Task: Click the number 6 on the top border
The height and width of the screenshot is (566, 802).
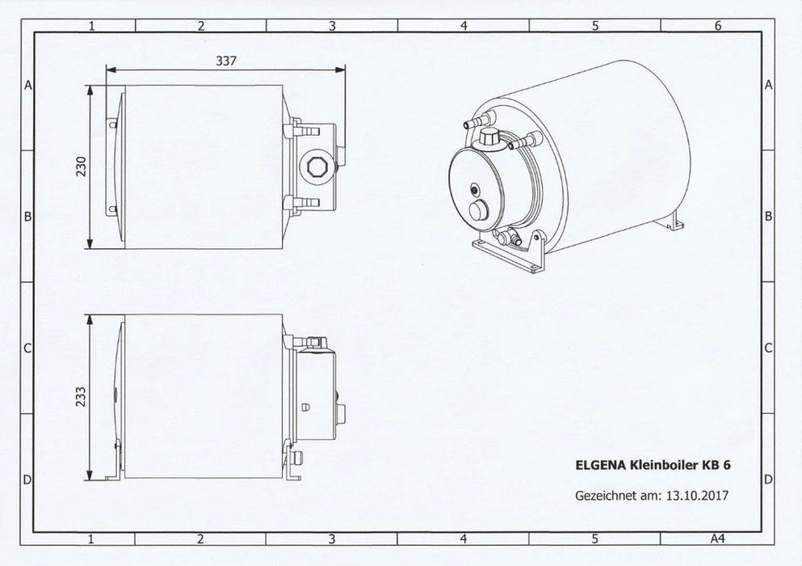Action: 717,26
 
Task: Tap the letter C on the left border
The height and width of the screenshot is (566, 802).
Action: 27,348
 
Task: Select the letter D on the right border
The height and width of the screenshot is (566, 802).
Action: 769,479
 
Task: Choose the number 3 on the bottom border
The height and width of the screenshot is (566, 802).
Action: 332,538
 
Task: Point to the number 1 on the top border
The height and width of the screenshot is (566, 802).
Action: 92,26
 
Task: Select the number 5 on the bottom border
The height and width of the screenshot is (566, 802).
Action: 594,538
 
